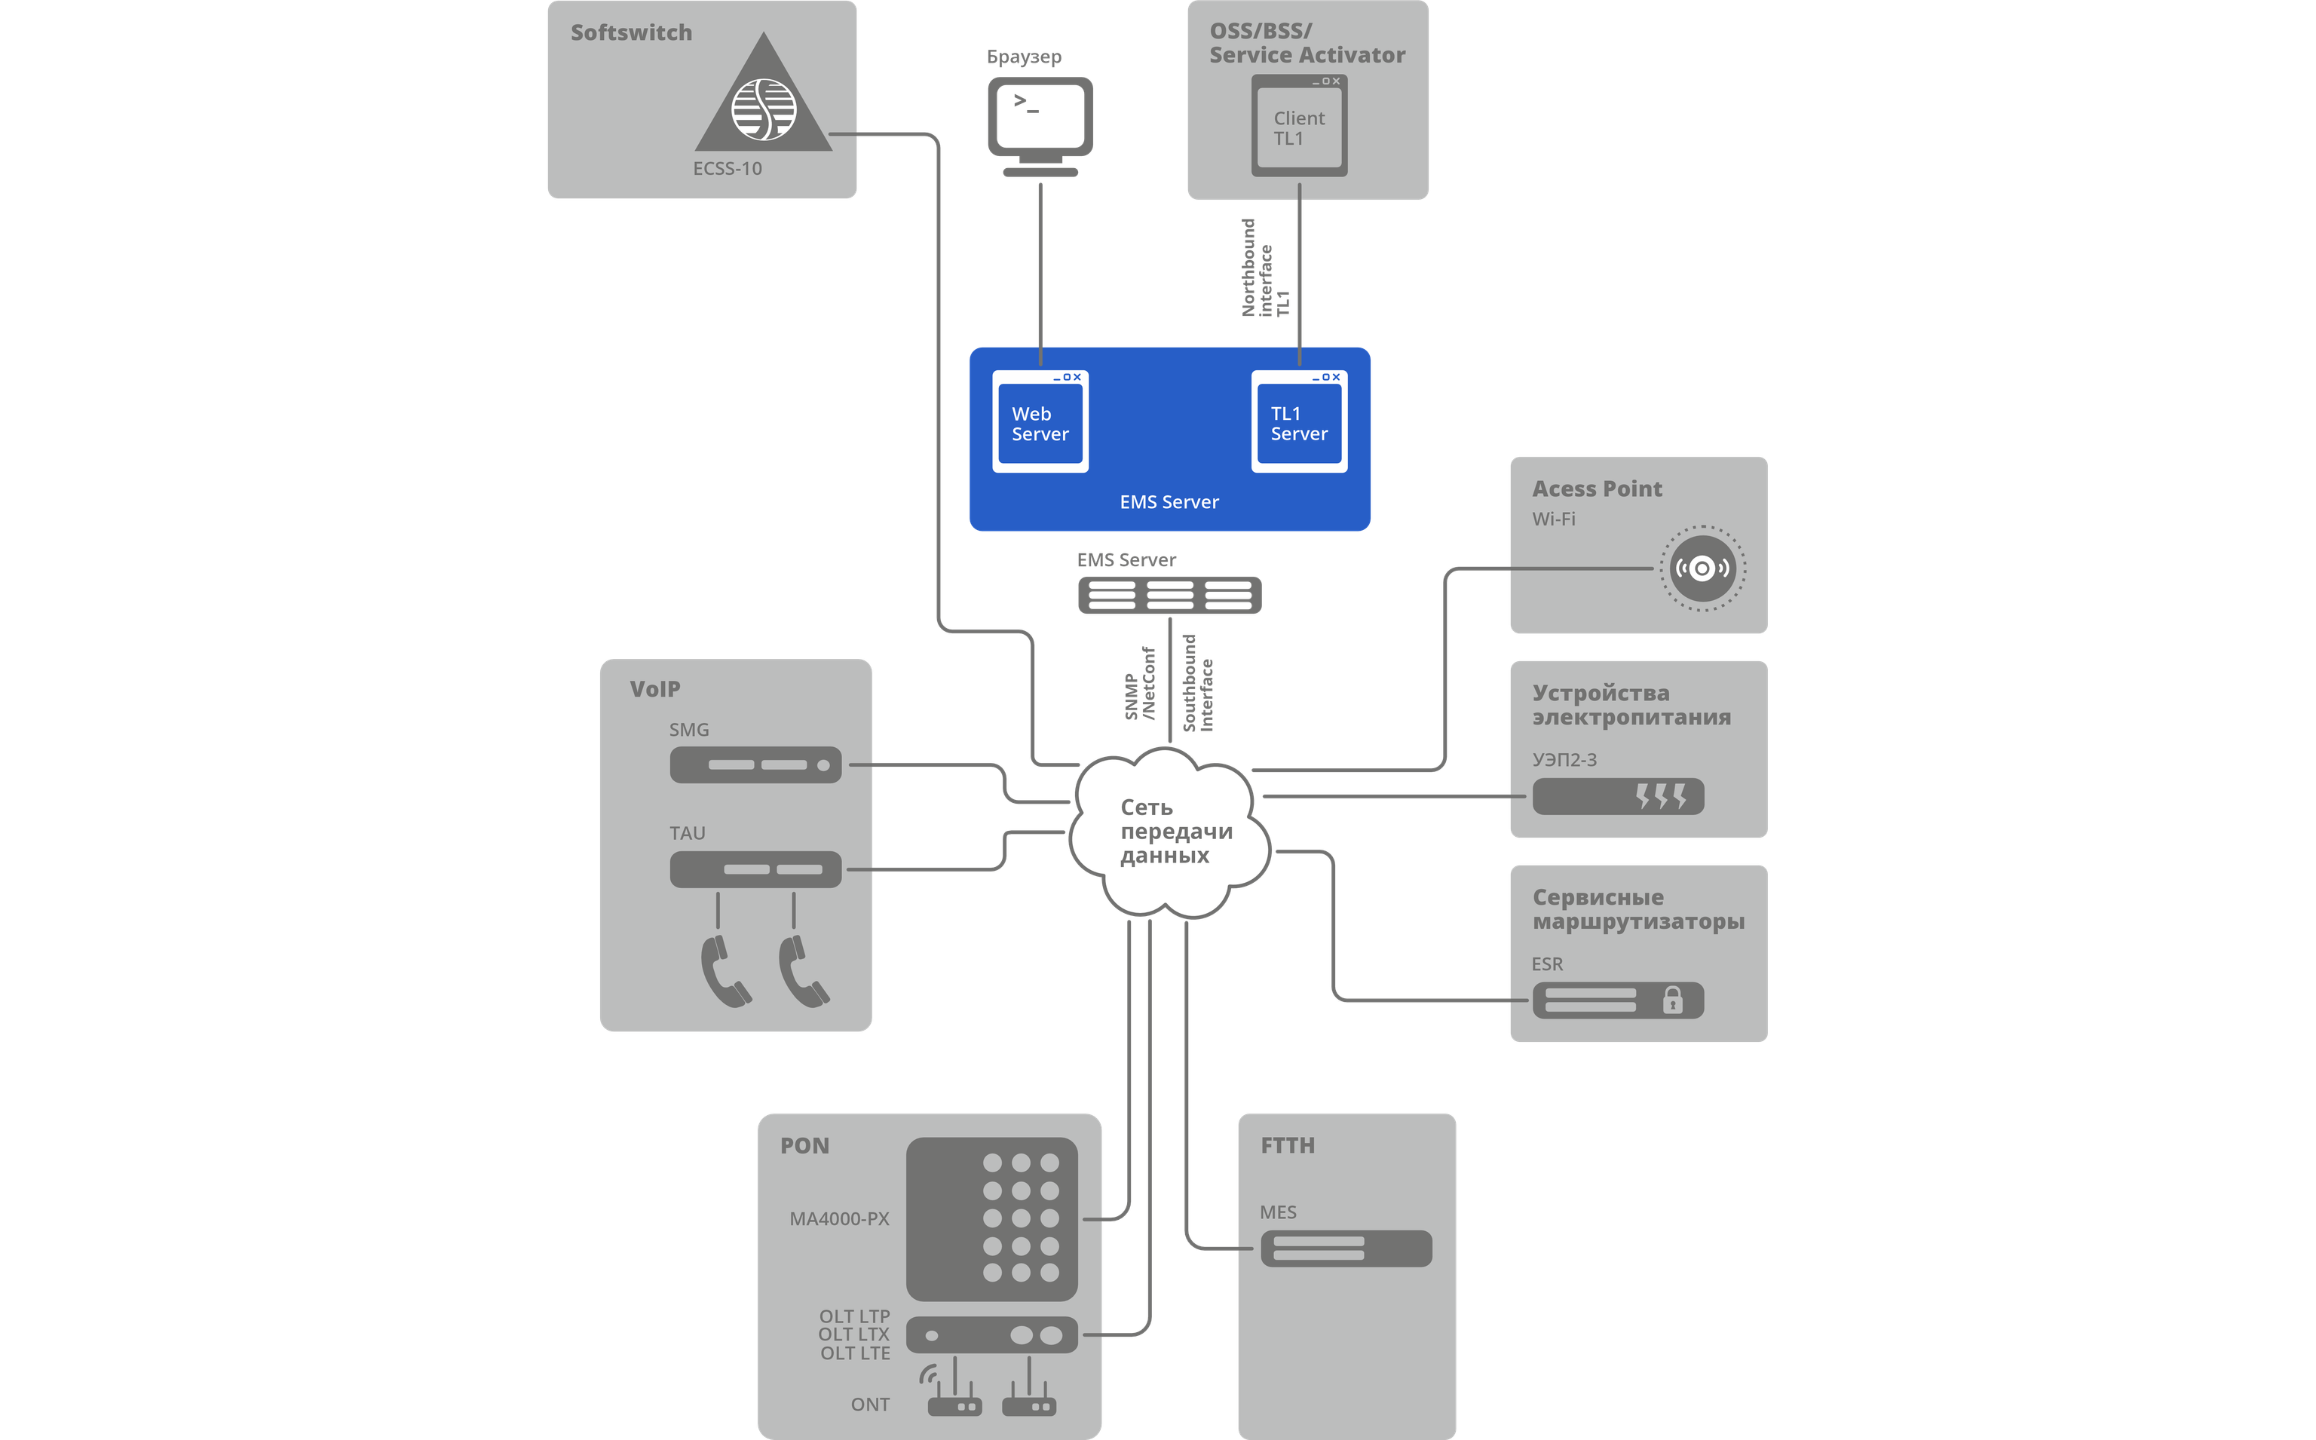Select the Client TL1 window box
(1299, 127)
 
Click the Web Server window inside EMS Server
(1040, 422)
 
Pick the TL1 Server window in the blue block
(1299, 422)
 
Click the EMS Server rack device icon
(1169, 596)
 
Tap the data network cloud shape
(1169, 832)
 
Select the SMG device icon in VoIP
(755, 764)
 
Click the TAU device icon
(755, 869)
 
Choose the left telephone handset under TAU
(725, 971)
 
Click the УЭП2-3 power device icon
(1618, 796)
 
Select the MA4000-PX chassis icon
(991, 1219)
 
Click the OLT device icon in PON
(991, 1335)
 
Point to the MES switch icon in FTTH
(1346, 1249)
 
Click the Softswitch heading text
(631, 32)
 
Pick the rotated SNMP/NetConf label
(1140, 684)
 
